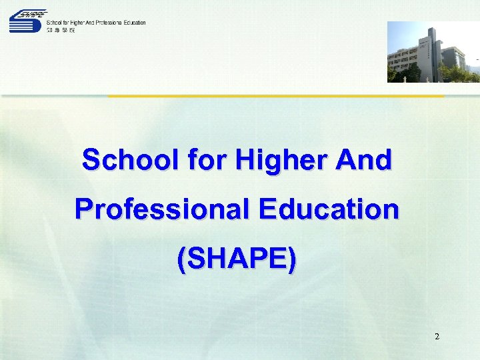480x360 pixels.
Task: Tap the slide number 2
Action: point(437,337)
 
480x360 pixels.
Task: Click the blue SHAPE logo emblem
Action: point(27,21)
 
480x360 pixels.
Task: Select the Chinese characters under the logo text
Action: point(61,30)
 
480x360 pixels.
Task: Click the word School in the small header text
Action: point(55,23)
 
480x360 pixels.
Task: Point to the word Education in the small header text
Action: point(133,23)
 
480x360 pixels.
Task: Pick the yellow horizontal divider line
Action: point(276,96)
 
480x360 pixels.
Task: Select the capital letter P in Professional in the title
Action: point(84,209)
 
